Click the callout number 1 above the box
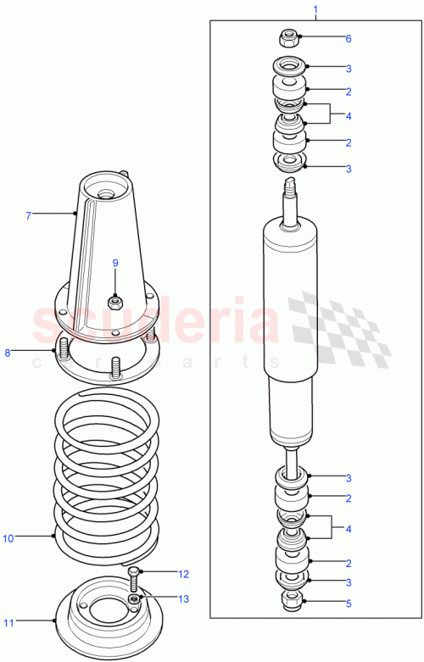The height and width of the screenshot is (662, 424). point(315,10)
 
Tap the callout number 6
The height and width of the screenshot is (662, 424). point(347,38)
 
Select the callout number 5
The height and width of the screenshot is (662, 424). point(347,604)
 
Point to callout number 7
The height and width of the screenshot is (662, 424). point(28,216)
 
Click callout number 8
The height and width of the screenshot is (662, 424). point(8,352)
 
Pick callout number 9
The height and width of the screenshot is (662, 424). point(115,263)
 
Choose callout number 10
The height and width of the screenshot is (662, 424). point(9,537)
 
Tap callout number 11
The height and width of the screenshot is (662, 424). point(9,623)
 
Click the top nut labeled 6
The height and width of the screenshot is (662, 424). point(288,37)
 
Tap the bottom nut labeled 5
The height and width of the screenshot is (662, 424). point(290,604)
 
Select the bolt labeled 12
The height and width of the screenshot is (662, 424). point(134,581)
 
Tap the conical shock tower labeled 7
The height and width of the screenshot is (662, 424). point(106,246)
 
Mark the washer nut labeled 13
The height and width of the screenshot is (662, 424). point(135,600)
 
